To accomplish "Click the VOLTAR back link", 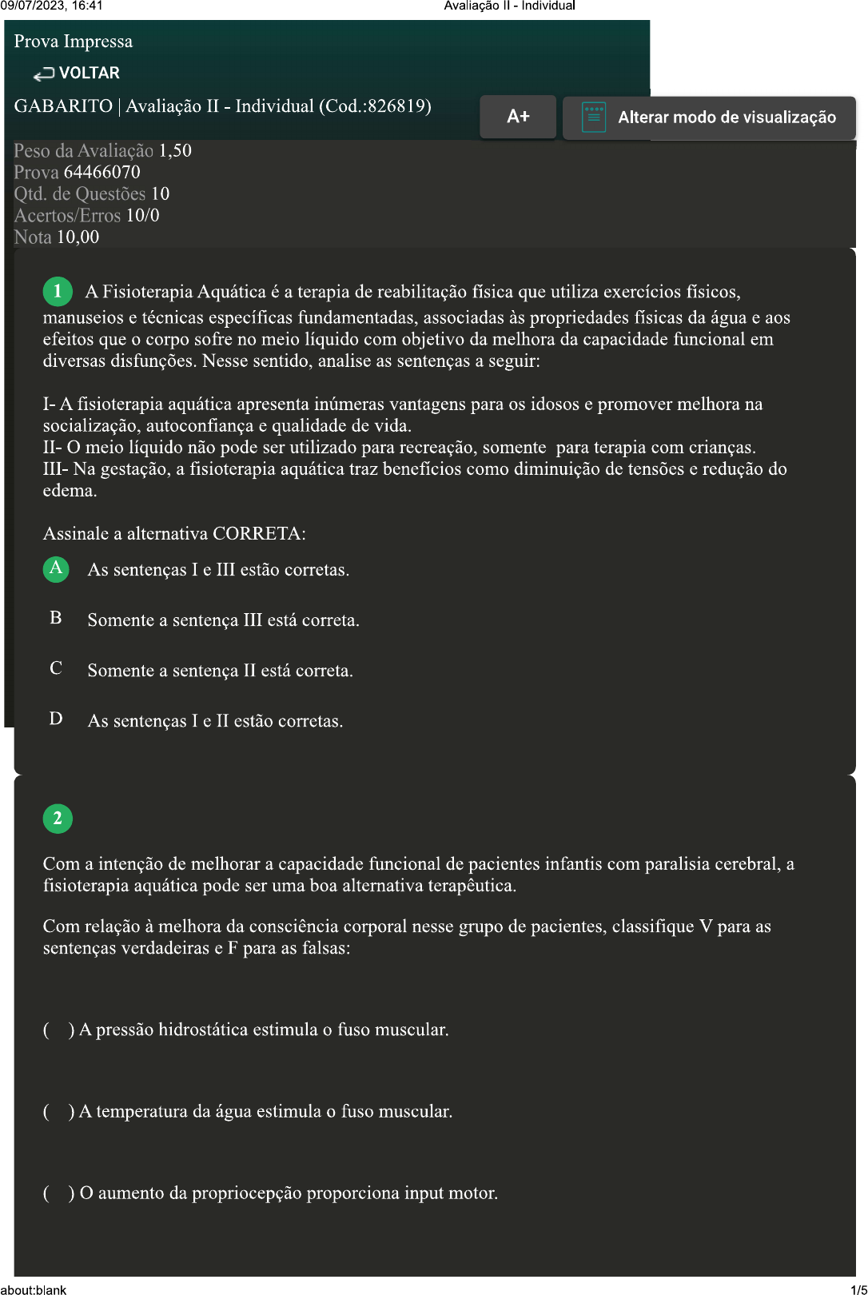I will point(77,74).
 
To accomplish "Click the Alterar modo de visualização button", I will point(710,118).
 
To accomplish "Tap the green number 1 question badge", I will point(58,292).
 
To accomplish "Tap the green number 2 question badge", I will point(58,819).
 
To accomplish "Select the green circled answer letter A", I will point(56,568).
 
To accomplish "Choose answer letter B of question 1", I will point(56,618).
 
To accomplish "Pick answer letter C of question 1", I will point(56,668).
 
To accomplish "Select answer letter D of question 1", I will point(56,719).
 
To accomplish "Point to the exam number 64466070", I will point(102,173).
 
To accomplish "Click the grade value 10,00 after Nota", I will point(78,237).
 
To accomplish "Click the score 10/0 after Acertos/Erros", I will point(142,216).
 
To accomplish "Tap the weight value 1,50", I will point(175,151).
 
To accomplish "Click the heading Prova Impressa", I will point(74,42).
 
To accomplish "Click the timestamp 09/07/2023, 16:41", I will point(52,6).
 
